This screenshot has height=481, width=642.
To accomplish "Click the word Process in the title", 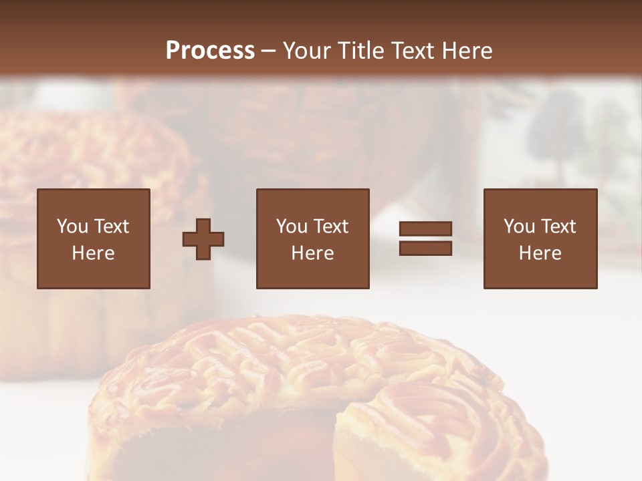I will coord(210,50).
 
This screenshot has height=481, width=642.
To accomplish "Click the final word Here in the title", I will coord(467,50).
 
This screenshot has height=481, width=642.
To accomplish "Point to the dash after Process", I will coord(268,51).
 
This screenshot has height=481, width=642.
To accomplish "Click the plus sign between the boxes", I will coord(203,239).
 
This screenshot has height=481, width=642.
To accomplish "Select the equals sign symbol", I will coord(425,238).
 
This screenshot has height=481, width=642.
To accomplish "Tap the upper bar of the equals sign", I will coord(425,229).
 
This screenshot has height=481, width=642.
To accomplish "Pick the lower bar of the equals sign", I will coord(425,249).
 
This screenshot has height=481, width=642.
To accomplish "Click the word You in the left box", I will coord(72,226).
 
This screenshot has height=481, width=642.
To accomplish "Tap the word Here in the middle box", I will coord(313,253).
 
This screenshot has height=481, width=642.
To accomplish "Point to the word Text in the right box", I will coord(559,226).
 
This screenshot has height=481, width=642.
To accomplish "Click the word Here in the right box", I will coord(540,253).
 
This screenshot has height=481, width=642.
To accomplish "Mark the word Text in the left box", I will coord(112,226).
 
